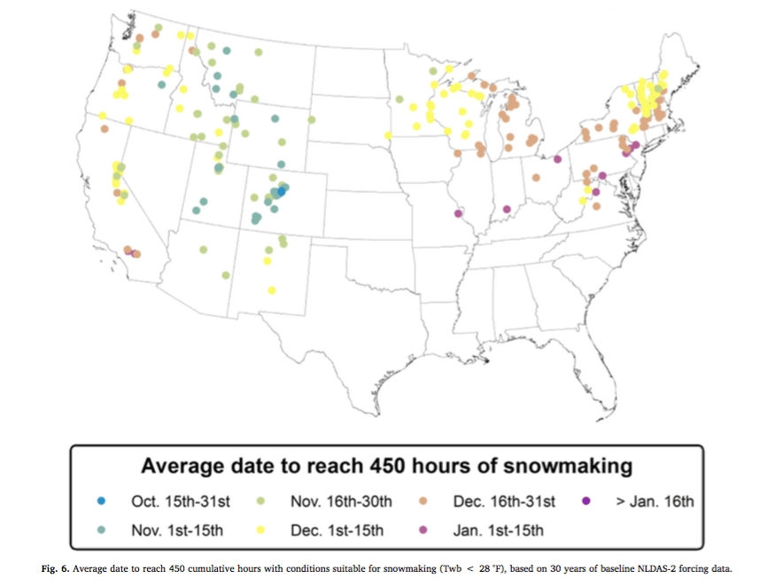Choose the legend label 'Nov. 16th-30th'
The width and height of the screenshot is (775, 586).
[341, 502]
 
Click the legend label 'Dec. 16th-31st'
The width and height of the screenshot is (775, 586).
[504, 502]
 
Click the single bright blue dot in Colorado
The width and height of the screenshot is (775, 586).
[282, 190]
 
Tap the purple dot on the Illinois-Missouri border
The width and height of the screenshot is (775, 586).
[458, 213]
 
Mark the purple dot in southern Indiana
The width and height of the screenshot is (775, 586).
[507, 210]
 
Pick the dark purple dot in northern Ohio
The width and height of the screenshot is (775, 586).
[557, 159]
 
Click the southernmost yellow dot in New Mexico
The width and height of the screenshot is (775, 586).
[272, 289]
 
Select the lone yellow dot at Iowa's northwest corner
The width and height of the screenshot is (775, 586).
[387, 135]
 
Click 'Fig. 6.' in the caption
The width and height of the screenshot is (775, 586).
[58, 567]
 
